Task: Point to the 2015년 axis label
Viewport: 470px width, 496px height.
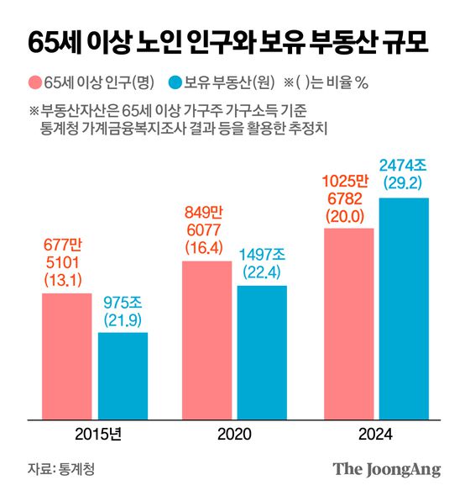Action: (x=96, y=434)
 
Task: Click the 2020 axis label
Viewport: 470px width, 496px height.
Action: (x=235, y=434)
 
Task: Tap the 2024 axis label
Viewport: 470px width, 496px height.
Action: (x=375, y=434)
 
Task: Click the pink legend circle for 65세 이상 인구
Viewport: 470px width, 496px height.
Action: (x=35, y=82)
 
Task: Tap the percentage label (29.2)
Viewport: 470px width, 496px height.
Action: (x=404, y=182)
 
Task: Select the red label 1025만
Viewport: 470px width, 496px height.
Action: (x=348, y=179)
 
